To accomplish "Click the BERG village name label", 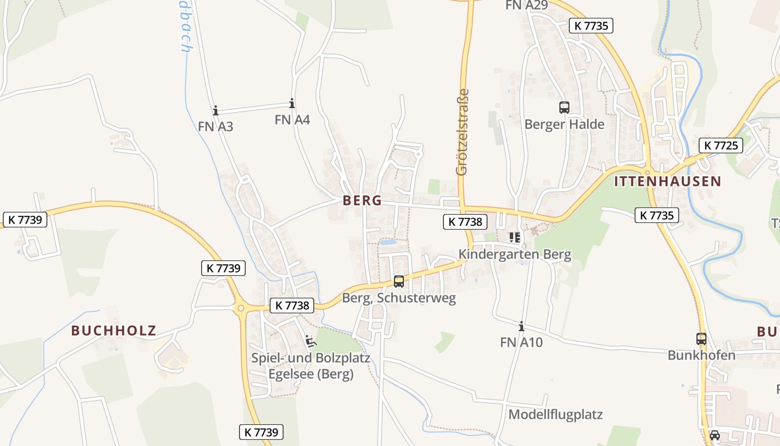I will (x=362, y=201).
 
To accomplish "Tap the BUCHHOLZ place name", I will (x=114, y=331).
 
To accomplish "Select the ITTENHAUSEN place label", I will (x=667, y=181).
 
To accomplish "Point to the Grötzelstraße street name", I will (x=462, y=133).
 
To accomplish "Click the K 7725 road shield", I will (x=720, y=146).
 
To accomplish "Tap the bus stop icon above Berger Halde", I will (x=564, y=108).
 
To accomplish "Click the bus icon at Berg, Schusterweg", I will (x=399, y=282).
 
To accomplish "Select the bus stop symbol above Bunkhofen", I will (x=701, y=338).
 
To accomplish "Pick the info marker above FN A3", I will (x=216, y=111).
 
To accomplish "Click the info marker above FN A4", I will (x=292, y=104).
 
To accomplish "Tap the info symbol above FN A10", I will (x=521, y=326).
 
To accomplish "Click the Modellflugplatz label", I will (x=555, y=415).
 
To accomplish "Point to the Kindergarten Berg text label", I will (x=515, y=255).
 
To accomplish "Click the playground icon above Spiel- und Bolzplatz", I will (x=310, y=341).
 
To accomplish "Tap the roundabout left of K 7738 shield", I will (x=241, y=307).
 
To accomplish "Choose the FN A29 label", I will (x=526, y=5).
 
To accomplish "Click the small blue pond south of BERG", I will (x=388, y=243).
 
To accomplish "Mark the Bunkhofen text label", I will (x=701, y=355).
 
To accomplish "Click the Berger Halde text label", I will (x=564, y=124).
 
